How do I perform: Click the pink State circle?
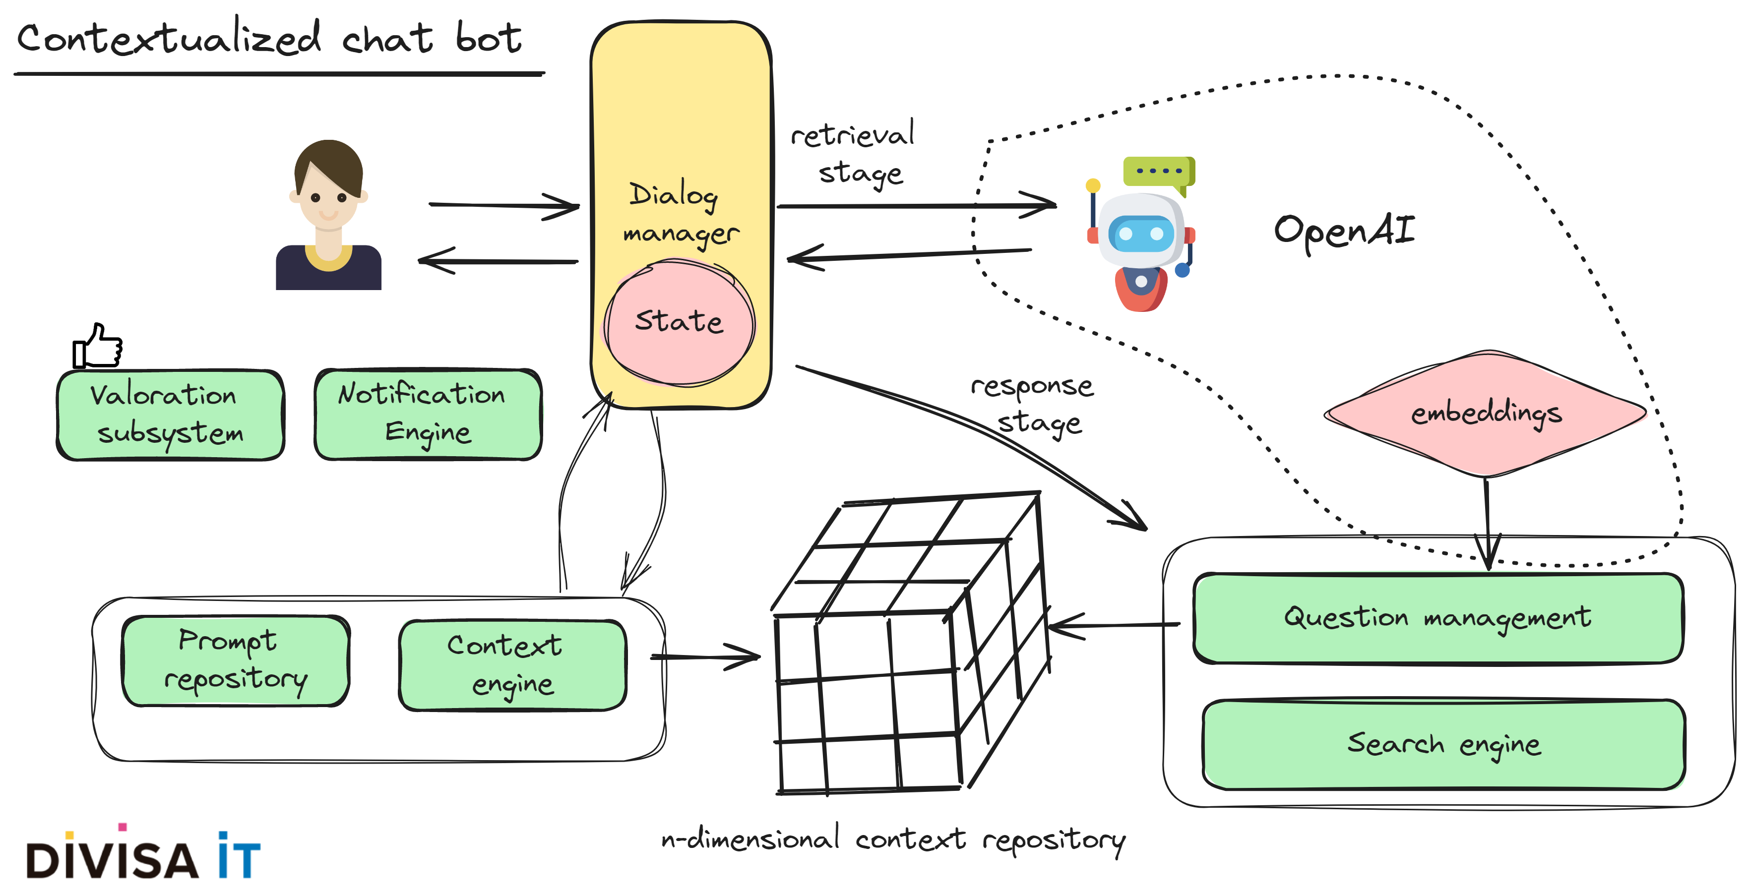click(680, 323)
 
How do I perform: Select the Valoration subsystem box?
click(170, 415)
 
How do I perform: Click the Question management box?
click(1437, 617)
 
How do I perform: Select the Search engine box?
click(1443, 744)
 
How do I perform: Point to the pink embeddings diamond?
click(1487, 413)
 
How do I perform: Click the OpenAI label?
click(1344, 231)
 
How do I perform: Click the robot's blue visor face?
click(1141, 234)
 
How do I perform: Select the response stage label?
click(1033, 404)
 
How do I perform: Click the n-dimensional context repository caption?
click(893, 840)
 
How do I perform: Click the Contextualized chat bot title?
click(268, 38)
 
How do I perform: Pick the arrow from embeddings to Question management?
click(1487, 523)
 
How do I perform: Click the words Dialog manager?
click(680, 213)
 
